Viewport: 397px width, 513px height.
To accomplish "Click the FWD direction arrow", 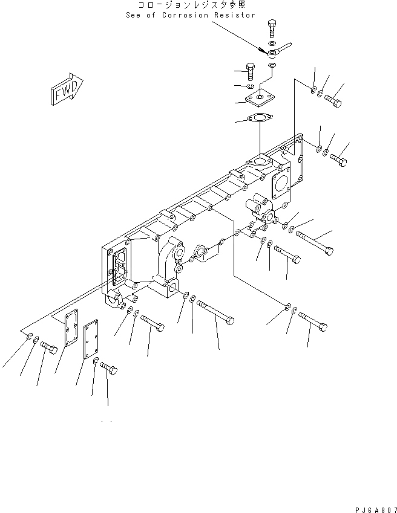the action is [67, 89].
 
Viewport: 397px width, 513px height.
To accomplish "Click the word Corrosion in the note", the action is [185, 15].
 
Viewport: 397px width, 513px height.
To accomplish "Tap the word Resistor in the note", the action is [235, 15].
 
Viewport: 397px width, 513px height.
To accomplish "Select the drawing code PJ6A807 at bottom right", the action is [376, 510].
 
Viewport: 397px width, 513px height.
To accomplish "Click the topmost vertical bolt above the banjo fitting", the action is [272, 28].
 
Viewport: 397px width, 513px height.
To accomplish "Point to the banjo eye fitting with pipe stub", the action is [278, 50].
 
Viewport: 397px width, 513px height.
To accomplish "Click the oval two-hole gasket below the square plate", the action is [260, 118].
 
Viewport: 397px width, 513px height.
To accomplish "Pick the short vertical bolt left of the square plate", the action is [251, 71].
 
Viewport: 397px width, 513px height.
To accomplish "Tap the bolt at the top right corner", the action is [333, 100].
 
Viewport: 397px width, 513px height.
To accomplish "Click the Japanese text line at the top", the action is [192, 5].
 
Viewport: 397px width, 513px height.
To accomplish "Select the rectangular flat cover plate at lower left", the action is [91, 339].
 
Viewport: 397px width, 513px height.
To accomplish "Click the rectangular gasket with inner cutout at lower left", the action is [71, 327].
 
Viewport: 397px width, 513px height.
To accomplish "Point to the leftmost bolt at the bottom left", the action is [49, 347].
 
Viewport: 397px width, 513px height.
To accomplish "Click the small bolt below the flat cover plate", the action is [109, 369].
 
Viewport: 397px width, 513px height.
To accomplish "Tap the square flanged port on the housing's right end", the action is [281, 184].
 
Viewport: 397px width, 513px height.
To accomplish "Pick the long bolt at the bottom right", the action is [313, 321].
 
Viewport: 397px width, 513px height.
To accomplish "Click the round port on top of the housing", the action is [260, 161].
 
